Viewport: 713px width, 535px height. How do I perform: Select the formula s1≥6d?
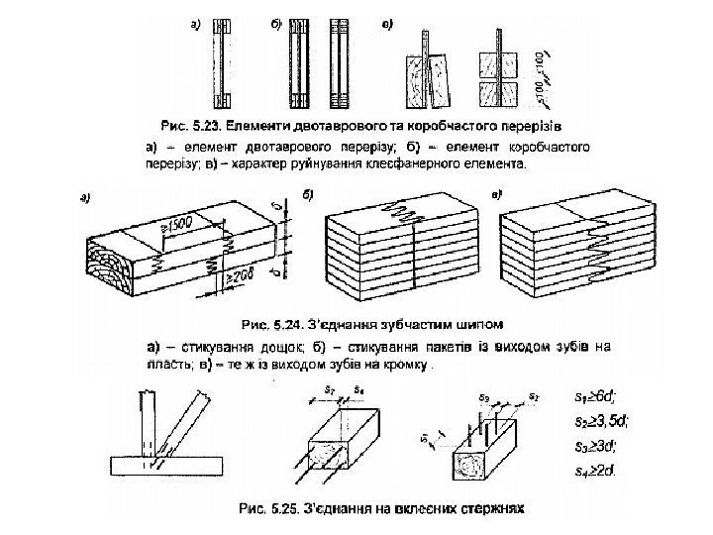[x=595, y=397]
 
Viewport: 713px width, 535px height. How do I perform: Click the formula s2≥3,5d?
[x=600, y=421]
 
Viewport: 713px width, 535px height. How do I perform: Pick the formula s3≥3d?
[x=596, y=444]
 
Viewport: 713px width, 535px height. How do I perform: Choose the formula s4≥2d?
[x=595, y=468]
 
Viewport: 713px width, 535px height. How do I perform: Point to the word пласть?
[x=166, y=365]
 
